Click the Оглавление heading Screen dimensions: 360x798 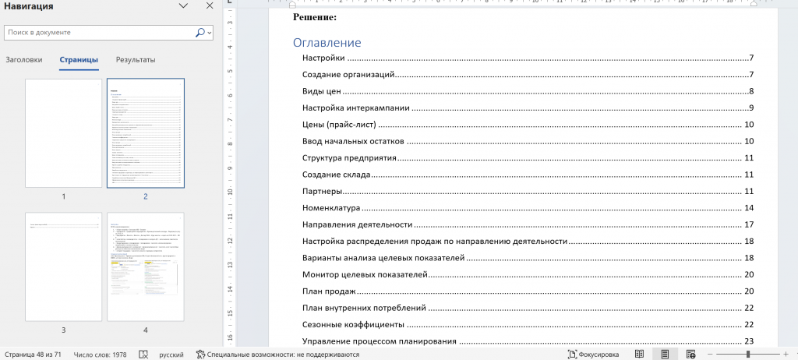[x=327, y=43]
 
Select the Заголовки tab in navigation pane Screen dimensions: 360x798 [x=23, y=60]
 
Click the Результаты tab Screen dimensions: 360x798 [x=136, y=60]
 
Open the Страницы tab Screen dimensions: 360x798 [x=79, y=60]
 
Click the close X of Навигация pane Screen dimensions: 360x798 [x=210, y=6]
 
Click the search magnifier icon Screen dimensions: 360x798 [x=200, y=33]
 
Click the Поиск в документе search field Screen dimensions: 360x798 [x=97, y=33]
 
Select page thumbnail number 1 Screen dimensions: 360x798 [x=64, y=133]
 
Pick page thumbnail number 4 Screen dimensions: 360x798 [x=145, y=266]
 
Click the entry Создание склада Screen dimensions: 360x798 [x=336, y=175]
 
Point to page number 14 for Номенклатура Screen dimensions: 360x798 [x=749, y=208]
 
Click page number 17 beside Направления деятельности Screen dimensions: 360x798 [x=749, y=224]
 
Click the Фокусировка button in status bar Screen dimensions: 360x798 [x=594, y=355]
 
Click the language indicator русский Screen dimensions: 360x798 [x=171, y=355]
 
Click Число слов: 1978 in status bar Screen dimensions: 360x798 [x=100, y=355]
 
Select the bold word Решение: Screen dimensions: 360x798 [x=315, y=16]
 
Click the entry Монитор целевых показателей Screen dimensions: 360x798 [x=365, y=274]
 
